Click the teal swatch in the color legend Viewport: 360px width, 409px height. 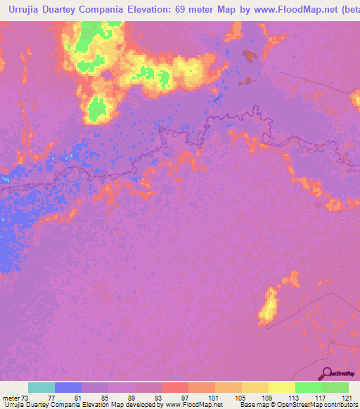(x=41, y=387)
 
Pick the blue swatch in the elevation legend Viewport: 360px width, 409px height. (x=68, y=387)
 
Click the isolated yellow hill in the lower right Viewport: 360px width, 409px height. (x=267, y=307)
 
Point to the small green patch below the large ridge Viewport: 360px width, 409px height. (x=97, y=108)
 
